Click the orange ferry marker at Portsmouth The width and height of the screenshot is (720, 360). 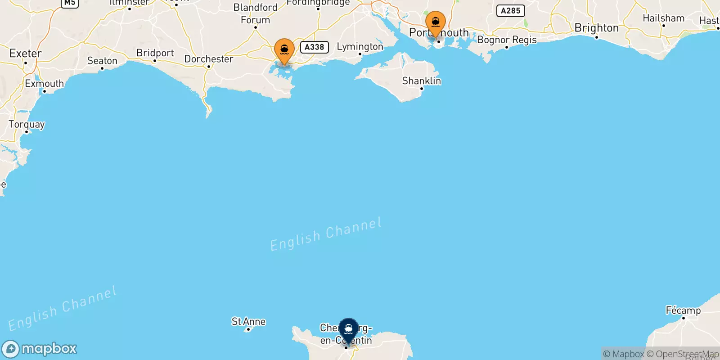tap(435, 22)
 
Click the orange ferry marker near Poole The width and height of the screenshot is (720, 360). tap(284, 50)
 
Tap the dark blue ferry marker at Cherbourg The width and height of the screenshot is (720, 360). tap(348, 329)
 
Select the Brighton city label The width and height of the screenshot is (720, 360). tap(596, 28)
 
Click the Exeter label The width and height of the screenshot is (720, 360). tap(26, 54)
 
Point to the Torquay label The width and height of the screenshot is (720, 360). tap(27, 124)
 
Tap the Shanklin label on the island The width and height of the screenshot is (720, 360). tap(421, 81)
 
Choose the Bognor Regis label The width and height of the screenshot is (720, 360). tap(507, 40)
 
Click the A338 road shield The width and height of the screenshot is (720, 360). tap(314, 47)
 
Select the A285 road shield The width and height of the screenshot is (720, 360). tap(510, 11)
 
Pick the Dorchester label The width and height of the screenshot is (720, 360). tap(209, 59)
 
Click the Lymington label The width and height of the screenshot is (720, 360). tap(360, 46)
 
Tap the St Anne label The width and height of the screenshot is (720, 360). tap(248, 321)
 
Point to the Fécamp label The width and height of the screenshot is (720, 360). tap(683, 310)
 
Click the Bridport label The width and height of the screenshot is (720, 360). tap(155, 53)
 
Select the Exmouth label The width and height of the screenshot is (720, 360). tap(44, 84)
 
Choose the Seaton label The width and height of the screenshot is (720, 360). tap(102, 61)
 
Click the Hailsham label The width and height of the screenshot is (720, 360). tap(663, 18)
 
